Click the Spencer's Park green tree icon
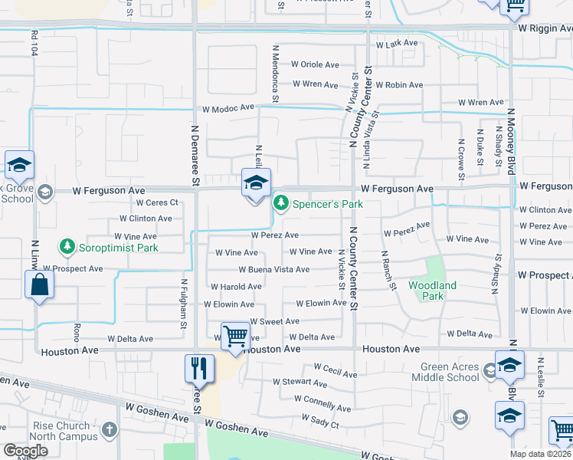[281, 203]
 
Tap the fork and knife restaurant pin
[197, 370]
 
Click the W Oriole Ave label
[315, 65]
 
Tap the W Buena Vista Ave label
[273, 270]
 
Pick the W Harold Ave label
[237, 287]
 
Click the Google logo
[26, 451]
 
